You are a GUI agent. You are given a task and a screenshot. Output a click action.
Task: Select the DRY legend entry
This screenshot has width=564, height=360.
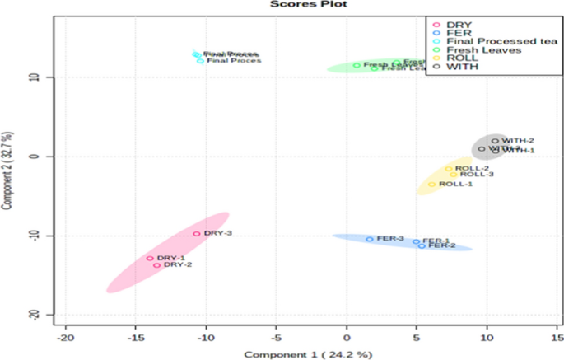(456, 25)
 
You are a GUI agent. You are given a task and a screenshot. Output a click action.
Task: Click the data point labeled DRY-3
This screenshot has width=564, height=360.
(197, 234)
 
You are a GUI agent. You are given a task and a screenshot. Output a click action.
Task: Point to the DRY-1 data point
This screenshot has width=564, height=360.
(150, 259)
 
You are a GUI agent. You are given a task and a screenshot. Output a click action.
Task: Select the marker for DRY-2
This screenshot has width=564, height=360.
(157, 265)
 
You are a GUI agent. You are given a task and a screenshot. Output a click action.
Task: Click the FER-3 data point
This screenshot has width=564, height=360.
(370, 240)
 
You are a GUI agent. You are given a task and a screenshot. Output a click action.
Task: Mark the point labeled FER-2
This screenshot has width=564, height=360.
(422, 245)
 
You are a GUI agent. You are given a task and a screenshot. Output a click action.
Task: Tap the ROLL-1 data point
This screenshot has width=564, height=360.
(431, 185)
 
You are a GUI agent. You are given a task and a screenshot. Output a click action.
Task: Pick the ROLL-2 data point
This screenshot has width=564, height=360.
(449, 169)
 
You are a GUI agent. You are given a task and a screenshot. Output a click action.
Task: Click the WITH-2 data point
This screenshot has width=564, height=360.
(495, 141)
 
